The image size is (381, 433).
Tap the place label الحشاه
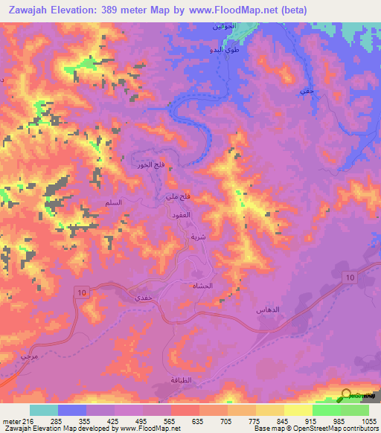tap(202, 286)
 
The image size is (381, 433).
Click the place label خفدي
tap(144, 296)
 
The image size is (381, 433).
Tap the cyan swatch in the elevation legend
tap(44, 410)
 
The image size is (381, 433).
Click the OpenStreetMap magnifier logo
tap(347, 395)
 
